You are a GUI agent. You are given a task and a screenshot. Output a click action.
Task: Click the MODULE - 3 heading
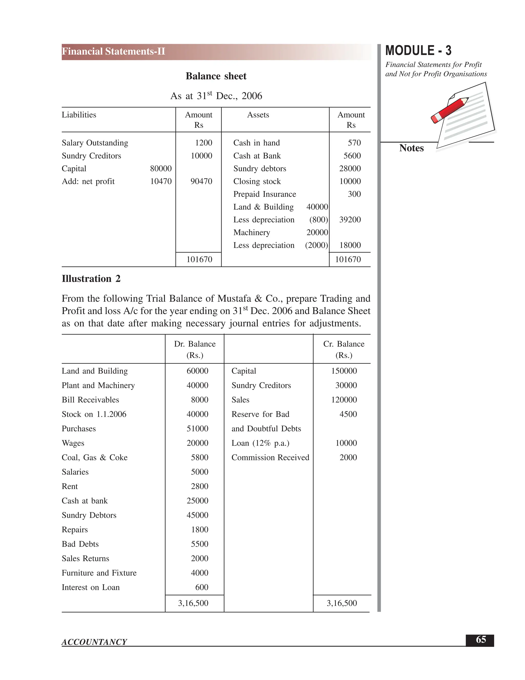[x=418, y=51]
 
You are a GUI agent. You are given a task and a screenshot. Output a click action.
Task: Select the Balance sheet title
[x=216, y=76]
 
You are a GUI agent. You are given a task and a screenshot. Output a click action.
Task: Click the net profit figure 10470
[x=161, y=181]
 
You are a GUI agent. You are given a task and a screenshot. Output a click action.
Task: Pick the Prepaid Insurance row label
[x=264, y=194]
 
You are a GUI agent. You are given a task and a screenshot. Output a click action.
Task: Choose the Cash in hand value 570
[x=354, y=143]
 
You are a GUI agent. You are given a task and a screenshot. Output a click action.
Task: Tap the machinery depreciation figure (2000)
[x=316, y=245]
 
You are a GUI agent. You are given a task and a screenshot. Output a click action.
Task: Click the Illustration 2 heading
[x=91, y=279]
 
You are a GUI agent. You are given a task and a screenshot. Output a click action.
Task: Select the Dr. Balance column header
[x=195, y=344]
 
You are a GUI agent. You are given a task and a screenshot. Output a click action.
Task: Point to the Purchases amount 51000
[x=197, y=429]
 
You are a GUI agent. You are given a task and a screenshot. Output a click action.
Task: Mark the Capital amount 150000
[x=344, y=371]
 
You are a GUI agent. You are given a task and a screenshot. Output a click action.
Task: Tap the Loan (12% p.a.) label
[x=260, y=443]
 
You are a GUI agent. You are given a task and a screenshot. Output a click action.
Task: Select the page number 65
[x=481, y=639]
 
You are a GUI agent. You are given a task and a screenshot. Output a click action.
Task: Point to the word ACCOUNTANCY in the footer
[x=94, y=642]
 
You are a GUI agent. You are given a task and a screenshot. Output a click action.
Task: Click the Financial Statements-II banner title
[x=114, y=51]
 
